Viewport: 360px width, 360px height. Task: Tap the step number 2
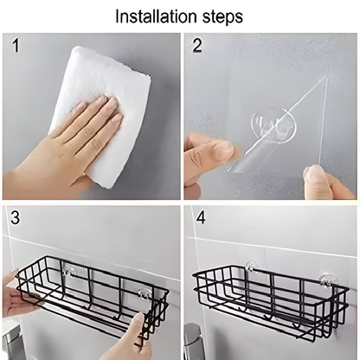pos(197,47)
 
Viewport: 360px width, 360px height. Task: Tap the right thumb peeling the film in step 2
pos(317,177)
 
